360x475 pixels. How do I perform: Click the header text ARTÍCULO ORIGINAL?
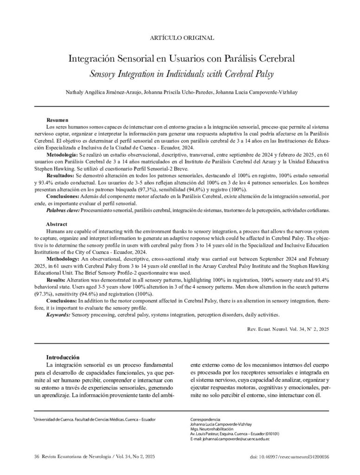(180, 38)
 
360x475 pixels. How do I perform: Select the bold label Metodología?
(62, 154)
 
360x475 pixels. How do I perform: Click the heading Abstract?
(57, 224)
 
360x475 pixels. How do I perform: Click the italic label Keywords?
(58, 315)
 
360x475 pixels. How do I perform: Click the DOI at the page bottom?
(289, 457)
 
